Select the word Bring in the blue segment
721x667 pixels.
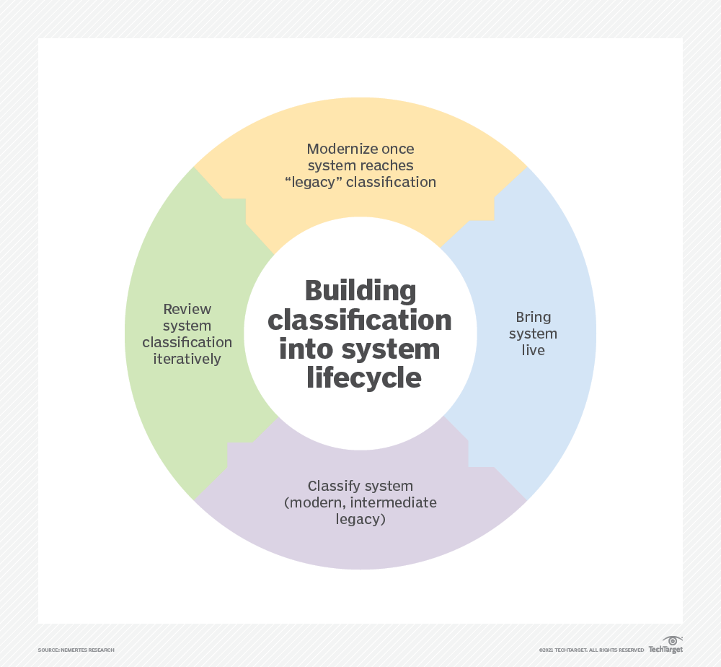click(x=534, y=317)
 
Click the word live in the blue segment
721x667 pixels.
click(x=534, y=350)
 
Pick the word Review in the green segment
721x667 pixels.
click(x=187, y=309)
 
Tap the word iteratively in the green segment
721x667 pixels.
click(x=187, y=359)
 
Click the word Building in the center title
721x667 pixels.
click(x=360, y=291)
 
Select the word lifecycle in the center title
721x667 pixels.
click(x=363, y=378)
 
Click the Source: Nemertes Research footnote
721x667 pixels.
click(x=76, y=650)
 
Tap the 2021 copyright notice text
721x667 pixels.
click(x=591, y=650)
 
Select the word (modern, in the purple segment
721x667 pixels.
click(x=311, y=502)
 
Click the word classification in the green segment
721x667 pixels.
click(x=187, y=342)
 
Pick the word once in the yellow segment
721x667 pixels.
click(x=398, y=149)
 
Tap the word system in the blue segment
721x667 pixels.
click(x=534, y=333)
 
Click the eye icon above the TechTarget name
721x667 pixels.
click(x=672, y=640)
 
